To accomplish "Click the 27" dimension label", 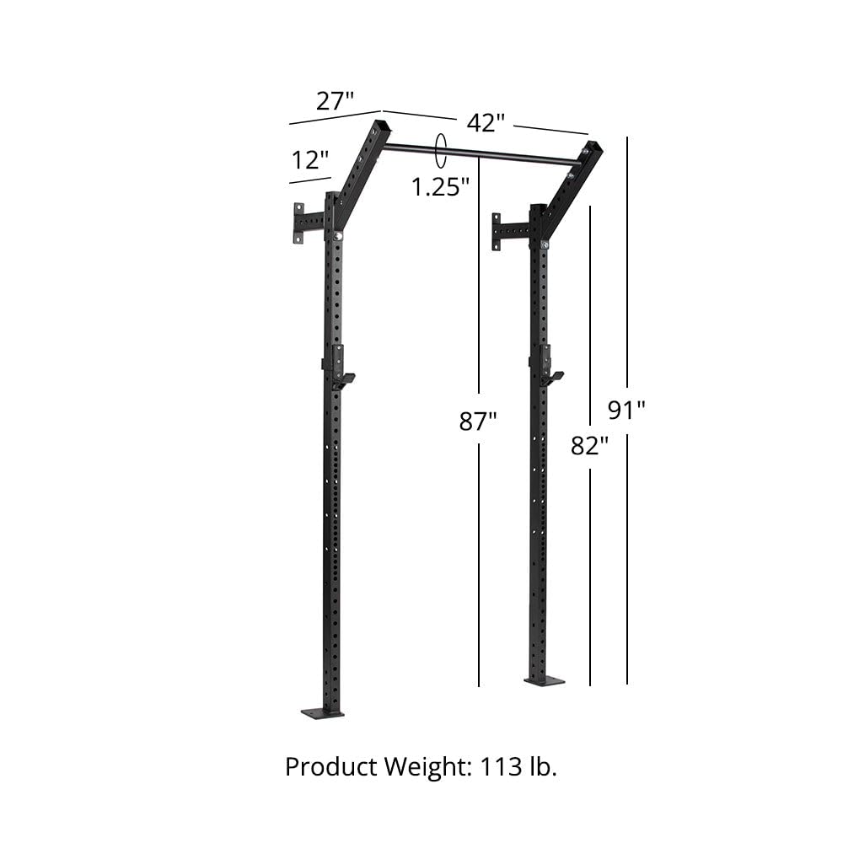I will pos(335,101).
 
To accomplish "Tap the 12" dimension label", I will pos(310,159).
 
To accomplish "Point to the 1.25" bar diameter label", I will pos(440,186).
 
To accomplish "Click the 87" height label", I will pos(478,421).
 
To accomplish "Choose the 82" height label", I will pos(589,445).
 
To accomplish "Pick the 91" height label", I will pos(626,410).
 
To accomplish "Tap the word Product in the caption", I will pos(330,767).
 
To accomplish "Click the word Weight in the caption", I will pos(427,767).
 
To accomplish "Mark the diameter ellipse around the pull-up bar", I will pos(439,152).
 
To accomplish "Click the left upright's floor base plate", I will pos(323,712).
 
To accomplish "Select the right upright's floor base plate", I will pos(544,680).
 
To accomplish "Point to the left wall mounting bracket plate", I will pos(298,223).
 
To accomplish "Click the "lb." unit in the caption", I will pos(543,767).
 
